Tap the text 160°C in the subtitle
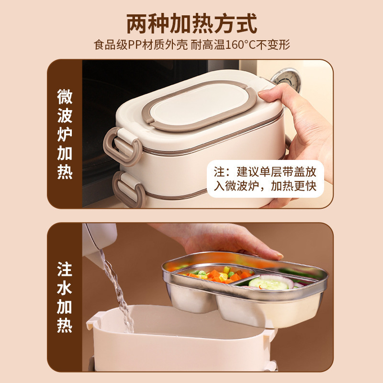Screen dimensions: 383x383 coord(234,45)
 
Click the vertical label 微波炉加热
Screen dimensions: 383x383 coord(65,134)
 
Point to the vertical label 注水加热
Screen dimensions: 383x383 coord(65,297)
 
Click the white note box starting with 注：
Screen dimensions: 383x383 coord(265,179)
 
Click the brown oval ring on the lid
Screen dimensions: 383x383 coord(203,106)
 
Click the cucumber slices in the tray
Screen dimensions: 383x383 coord(268,284)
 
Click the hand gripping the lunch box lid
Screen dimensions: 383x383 coord(297,120)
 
